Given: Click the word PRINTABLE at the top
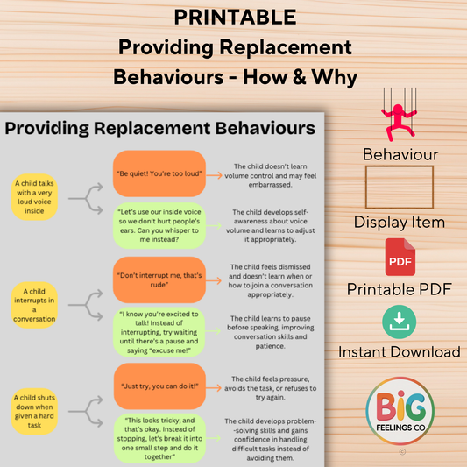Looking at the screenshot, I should click(234, 16).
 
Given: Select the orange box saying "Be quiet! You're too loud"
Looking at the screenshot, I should click(159, 173).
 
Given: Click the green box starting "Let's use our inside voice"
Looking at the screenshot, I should click(159, 223).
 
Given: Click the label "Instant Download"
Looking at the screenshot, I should click(399, 351).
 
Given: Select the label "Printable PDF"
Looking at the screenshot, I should click(399, 288).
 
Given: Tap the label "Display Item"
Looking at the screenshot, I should click(399, 222).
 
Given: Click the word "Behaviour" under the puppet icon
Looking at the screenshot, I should click(399, 155).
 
